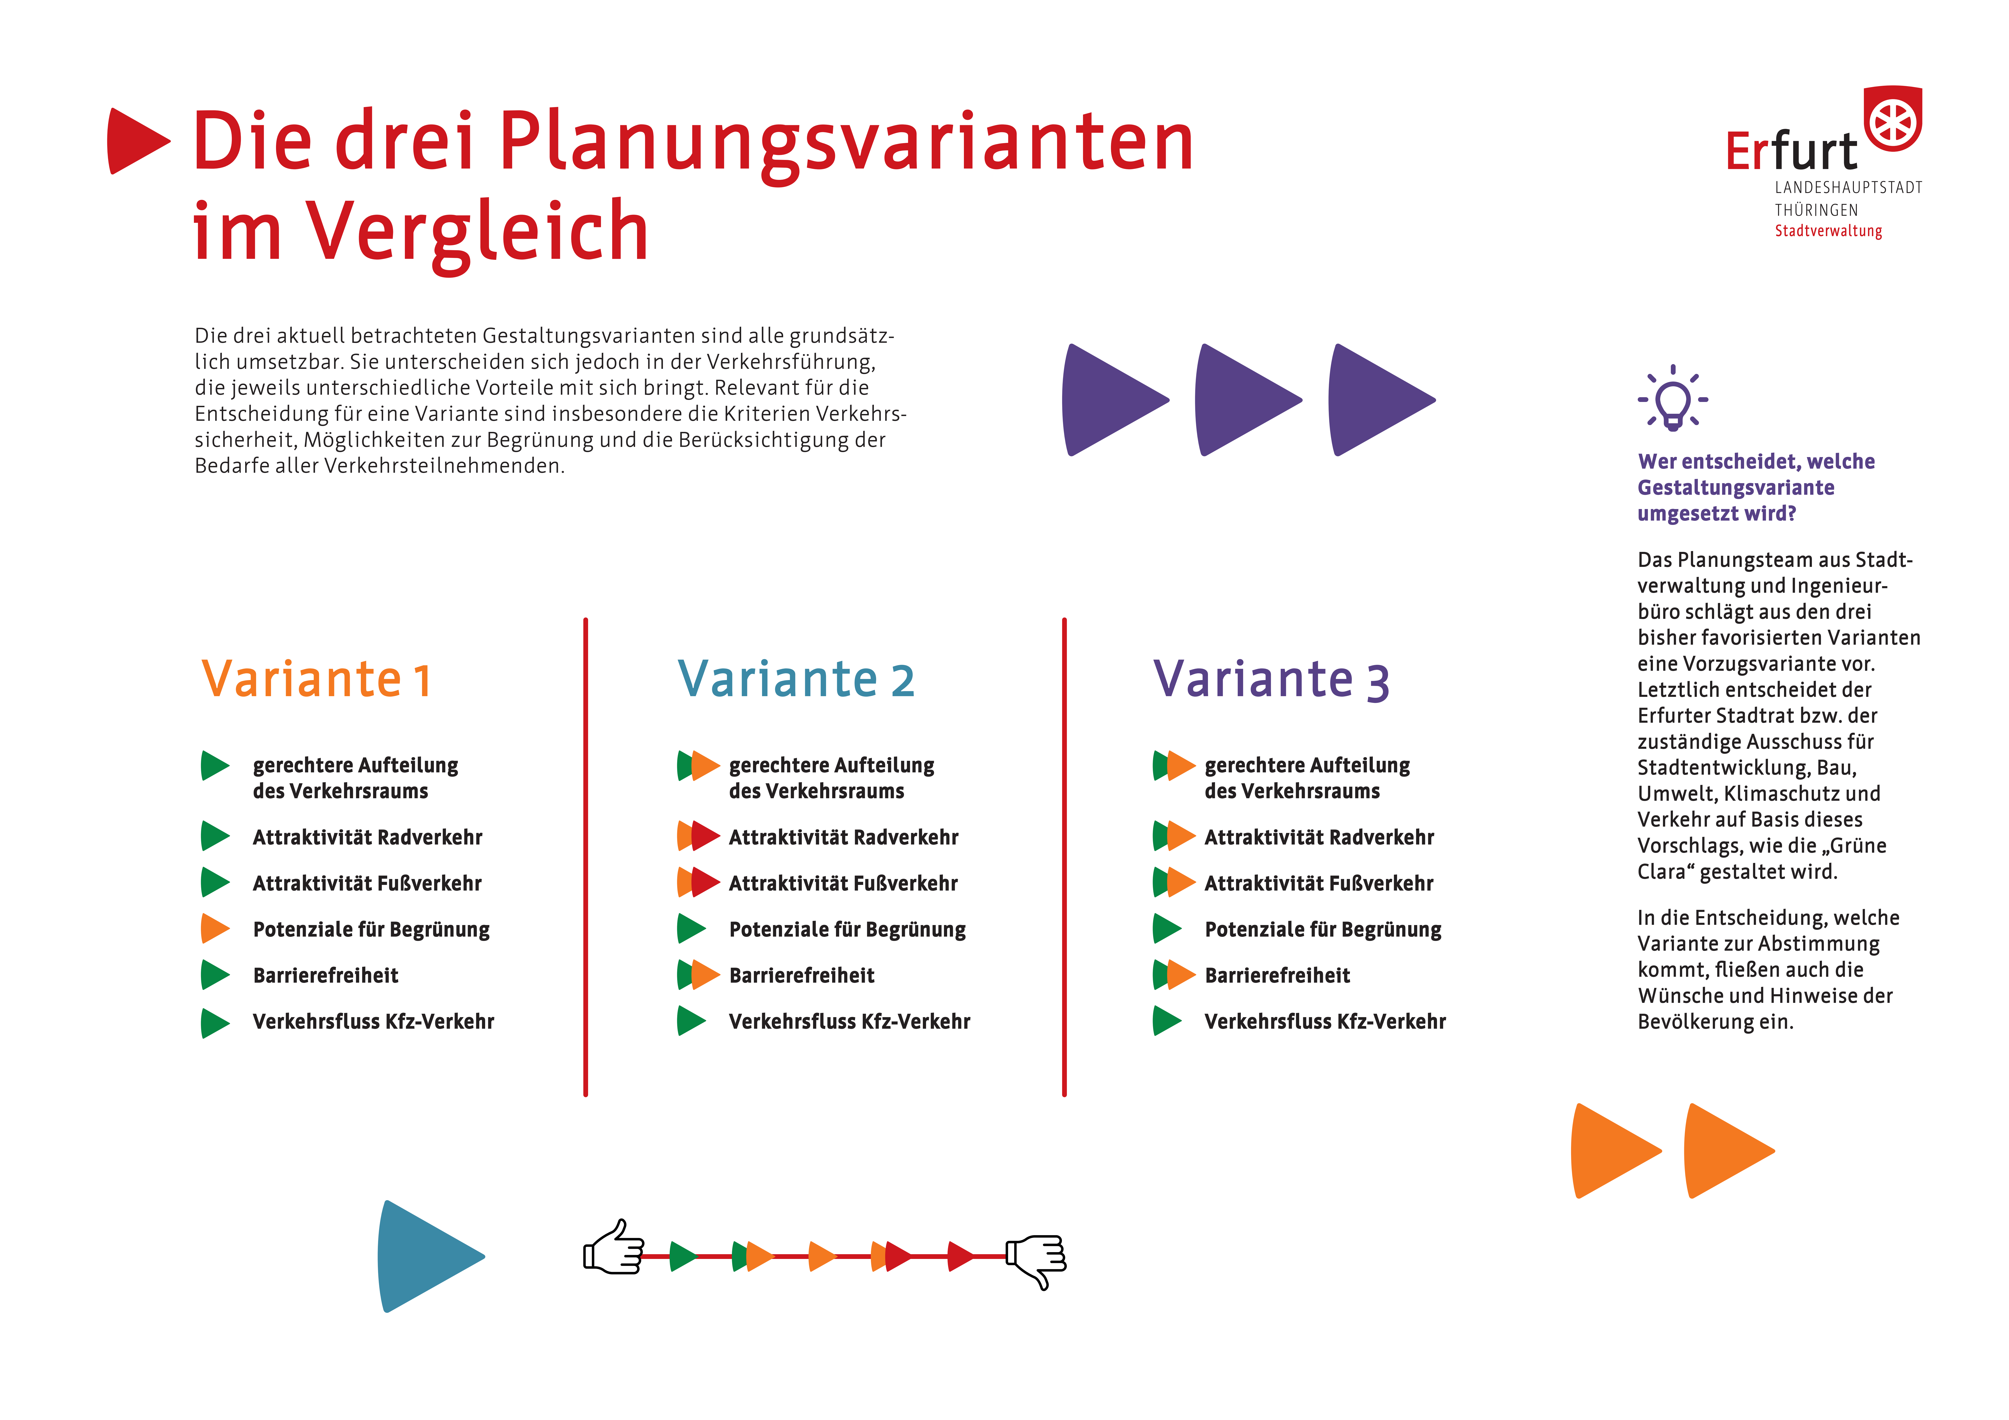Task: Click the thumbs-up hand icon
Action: [614, 1247]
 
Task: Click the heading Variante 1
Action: [317, 679]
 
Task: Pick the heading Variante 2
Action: [796, 679]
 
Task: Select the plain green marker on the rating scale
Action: [682, 1256]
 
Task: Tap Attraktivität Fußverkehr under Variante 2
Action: [843, 884]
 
